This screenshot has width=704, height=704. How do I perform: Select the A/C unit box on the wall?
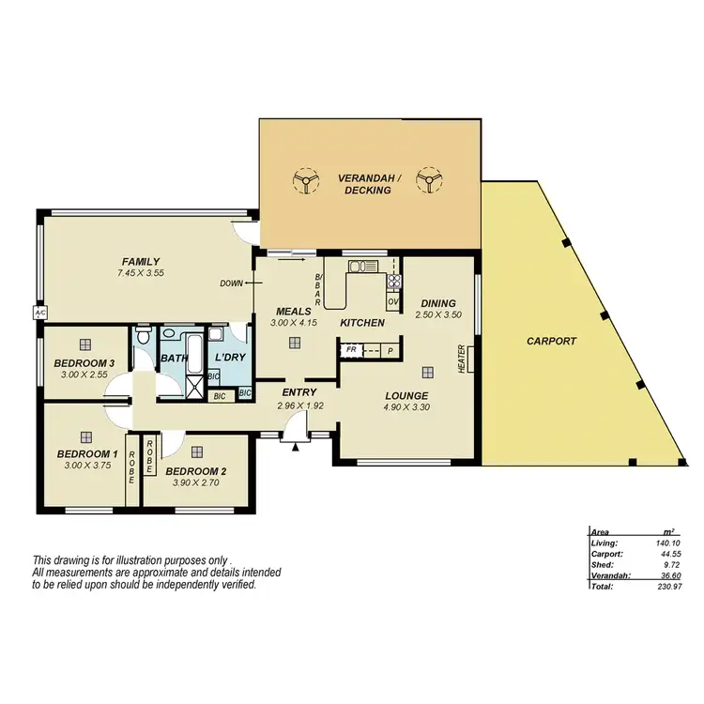click(x=40, y=314)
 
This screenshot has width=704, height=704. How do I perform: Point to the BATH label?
click(x=175, y=358)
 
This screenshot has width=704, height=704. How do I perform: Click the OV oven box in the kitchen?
click(x=392, y=301)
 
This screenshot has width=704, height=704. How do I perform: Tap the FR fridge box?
click(x=351, y=349)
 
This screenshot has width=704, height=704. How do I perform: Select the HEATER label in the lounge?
click(x=462, y=359)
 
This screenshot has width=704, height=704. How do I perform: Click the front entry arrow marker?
click(x=296, y=448)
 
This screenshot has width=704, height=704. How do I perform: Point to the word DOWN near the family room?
click(x=230, y=283)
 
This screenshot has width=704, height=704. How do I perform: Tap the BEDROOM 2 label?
click(x=195, y=471)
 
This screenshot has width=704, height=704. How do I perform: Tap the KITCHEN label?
click(x=362, y=323)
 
